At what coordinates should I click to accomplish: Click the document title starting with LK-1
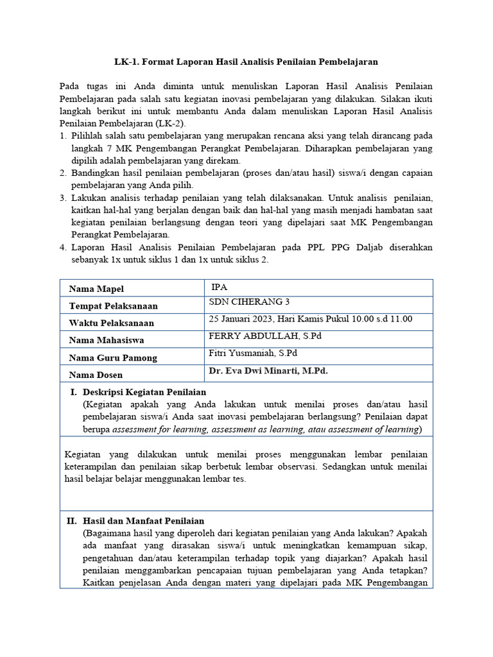click(246, 62)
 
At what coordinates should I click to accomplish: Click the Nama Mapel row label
click(96, 289)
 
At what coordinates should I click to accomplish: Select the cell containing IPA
click(220, 287)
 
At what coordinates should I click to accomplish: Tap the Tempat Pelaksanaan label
click(113, 306)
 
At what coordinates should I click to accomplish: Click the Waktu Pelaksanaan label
click(112, 323)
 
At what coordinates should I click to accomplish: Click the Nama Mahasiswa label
click(106, 340)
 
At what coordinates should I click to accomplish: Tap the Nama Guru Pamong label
click(112, 357)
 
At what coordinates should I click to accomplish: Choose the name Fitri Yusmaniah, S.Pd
click(253, 353)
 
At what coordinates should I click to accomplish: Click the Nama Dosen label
click(96, 375)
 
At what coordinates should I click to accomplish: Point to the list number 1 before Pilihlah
click(63, 136)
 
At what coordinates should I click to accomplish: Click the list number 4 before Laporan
click(63, 247)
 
